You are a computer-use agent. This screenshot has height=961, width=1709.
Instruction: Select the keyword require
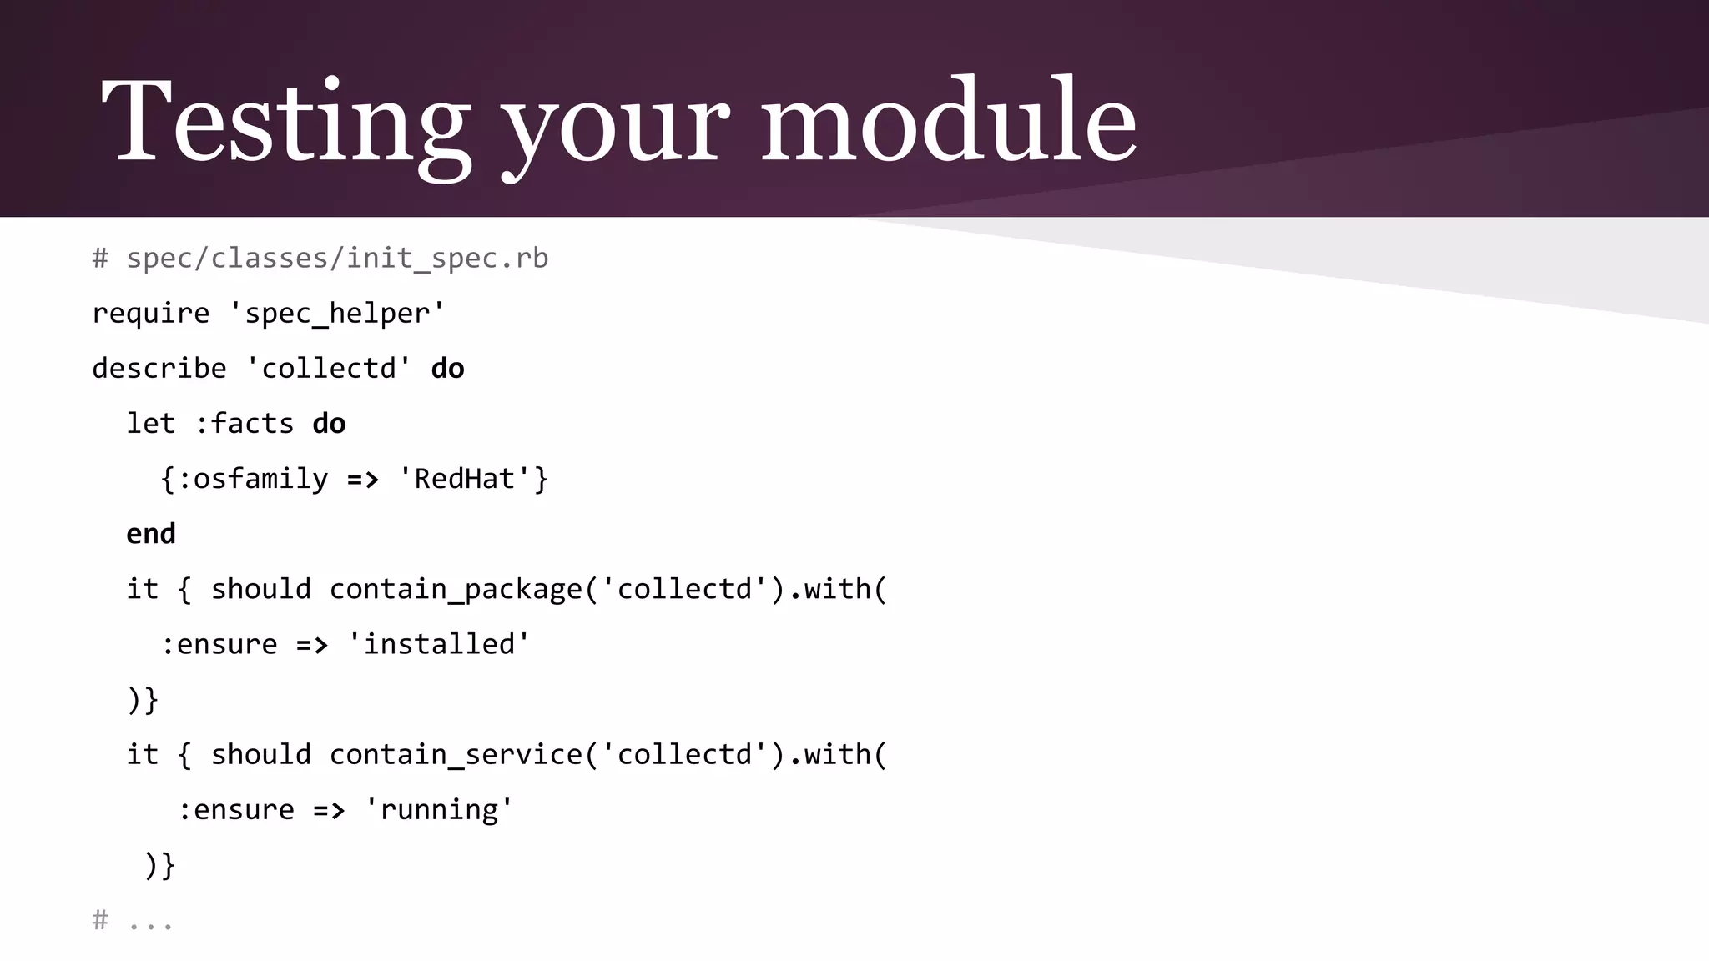coord(150,314)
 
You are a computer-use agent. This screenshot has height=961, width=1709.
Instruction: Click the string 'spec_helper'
coord(337,314)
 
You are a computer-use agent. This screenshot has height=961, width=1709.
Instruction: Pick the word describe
coord(159,369)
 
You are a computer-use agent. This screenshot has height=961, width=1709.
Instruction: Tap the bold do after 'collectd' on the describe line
coord(447,369)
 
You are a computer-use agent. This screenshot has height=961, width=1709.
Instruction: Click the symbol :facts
coord(244,424)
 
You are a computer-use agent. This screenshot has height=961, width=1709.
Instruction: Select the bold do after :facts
coord(329,424)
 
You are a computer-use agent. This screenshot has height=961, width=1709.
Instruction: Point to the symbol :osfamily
coord(252,479)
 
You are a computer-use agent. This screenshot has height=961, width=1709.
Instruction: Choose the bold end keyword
coord(151,534)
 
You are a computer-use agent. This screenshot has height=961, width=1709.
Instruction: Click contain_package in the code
coord(456,589)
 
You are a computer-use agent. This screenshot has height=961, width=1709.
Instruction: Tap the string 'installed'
coord(439,644)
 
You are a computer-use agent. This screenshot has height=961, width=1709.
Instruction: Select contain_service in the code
coord(456,754)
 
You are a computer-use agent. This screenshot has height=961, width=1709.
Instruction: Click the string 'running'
coord(439,809)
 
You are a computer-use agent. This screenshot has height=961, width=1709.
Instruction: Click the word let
coord(151,424)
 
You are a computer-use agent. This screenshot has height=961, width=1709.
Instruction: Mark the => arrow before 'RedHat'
coord(363,480)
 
